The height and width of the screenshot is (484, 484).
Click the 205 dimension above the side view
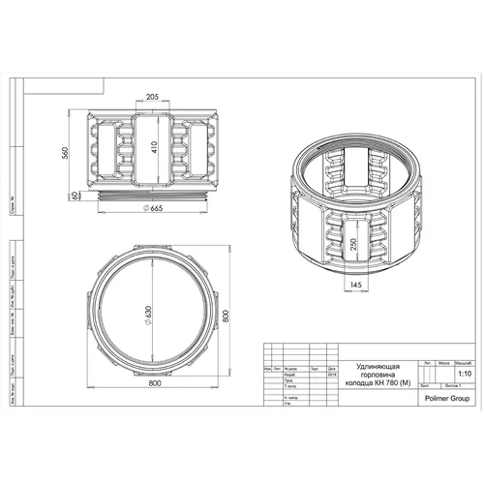coord(152,98)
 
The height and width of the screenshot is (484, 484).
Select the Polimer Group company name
coord(439,395)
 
